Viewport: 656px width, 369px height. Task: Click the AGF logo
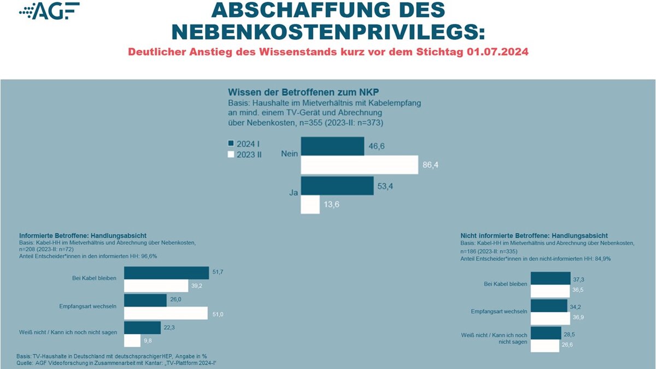[x=49, y=11]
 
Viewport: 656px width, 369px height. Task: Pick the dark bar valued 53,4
[x=337, y=186]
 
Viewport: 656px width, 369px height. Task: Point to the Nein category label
[x=289, y=154]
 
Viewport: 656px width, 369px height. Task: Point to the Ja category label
[x=294, y=192]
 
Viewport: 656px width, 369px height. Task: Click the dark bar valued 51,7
[x=166, y=273]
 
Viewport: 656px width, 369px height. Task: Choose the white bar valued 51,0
[x=166, y=313]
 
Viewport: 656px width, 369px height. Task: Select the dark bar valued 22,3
[x=142, y=327]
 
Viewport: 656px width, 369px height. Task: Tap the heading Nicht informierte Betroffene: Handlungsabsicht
[x=534, y=236]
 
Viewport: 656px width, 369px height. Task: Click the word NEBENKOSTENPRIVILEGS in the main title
[x=328, y=32]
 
